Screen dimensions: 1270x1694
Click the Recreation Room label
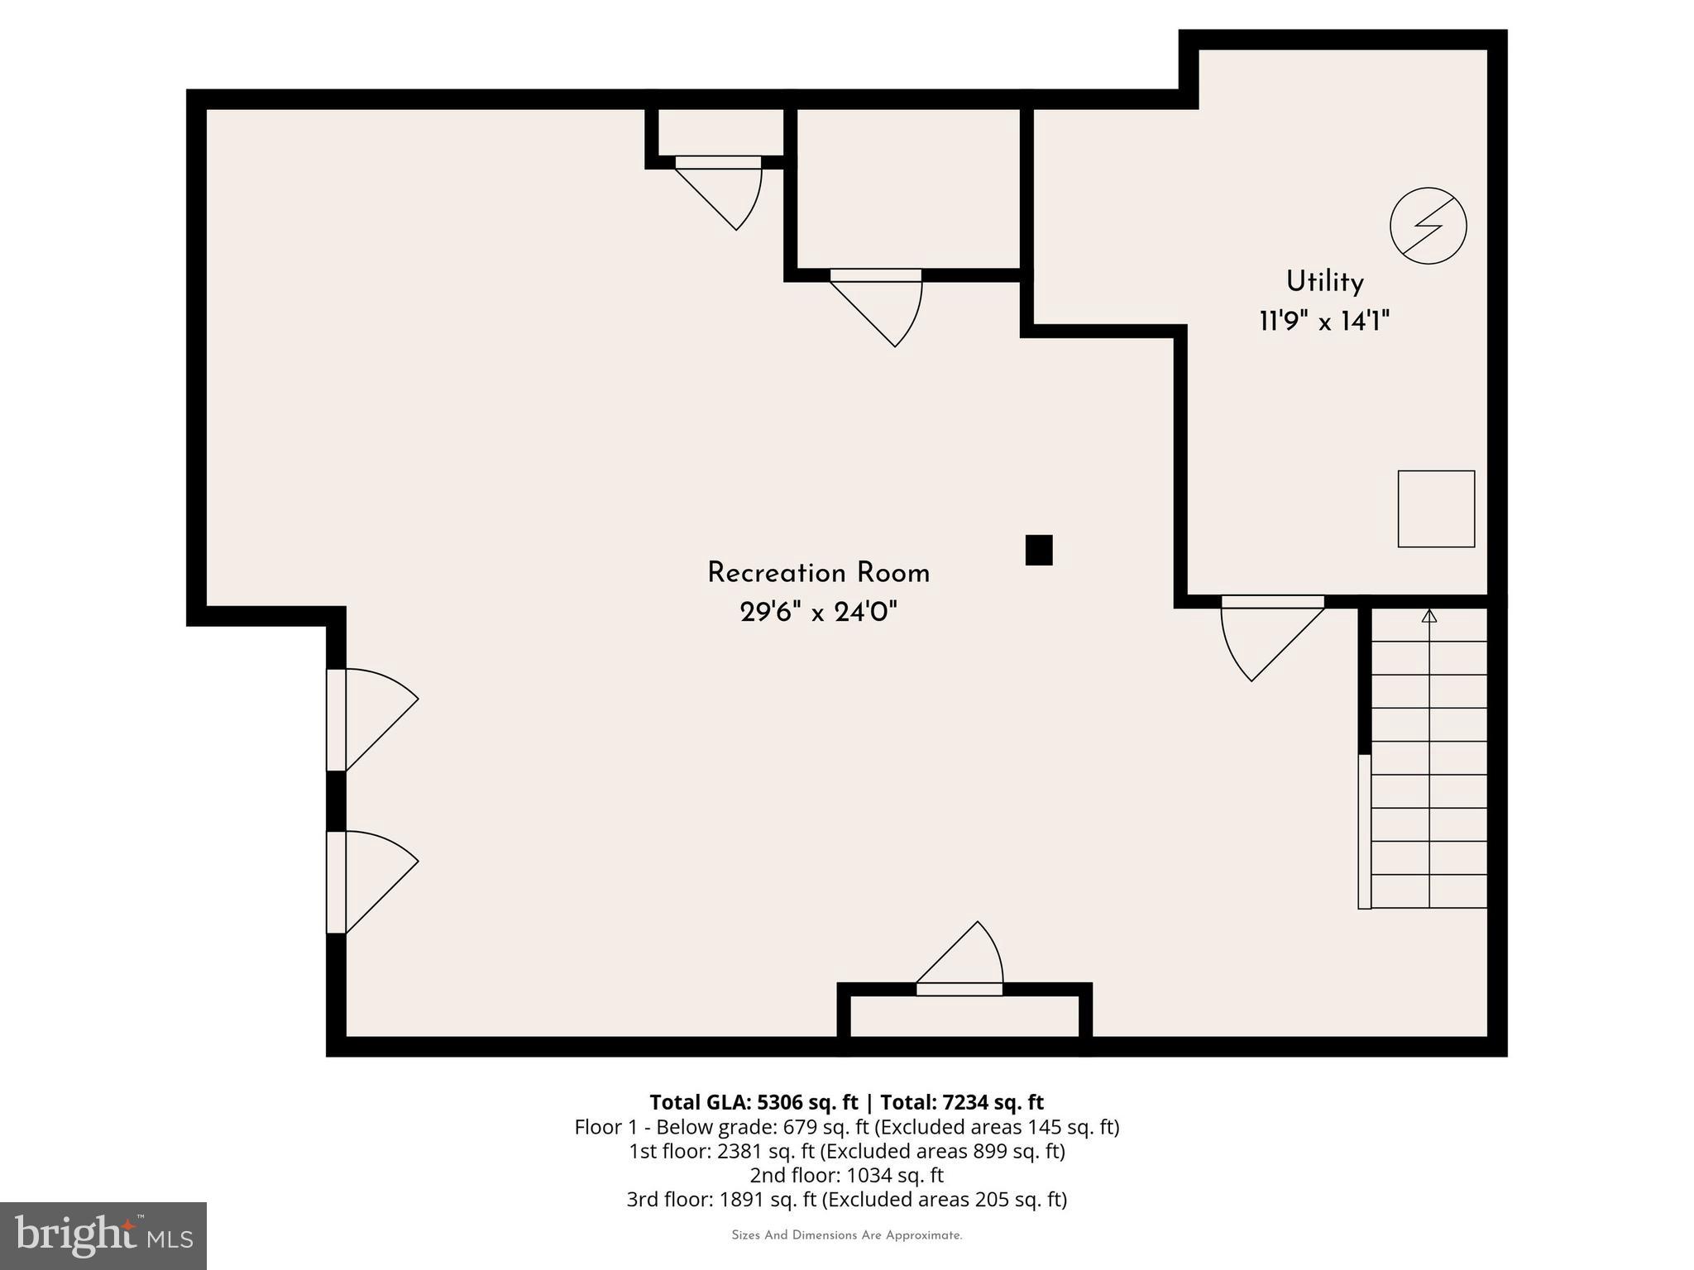(818, 573)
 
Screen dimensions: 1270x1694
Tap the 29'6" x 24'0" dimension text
(818, 613)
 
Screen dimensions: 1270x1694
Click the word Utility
(1324, 282)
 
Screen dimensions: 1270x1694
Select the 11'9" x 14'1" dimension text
(1324, 321)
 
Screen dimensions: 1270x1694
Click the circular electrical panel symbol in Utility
(1428, 226)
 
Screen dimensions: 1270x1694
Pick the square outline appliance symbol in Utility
(1436, 508)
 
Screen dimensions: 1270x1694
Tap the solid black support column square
(1039, 550)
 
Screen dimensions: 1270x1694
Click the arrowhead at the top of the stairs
(1429, 616)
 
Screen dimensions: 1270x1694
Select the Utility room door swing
(1266, 637)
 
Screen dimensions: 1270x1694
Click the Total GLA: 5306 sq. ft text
(754, 1102)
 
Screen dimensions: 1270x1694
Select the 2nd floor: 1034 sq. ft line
(846, 1175)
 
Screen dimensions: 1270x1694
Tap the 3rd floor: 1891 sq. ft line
(846, 1199)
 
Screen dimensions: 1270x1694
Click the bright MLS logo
(103, 1236)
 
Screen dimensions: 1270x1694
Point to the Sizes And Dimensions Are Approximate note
(846, 1235)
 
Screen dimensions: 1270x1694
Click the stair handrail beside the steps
(1364, 831)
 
